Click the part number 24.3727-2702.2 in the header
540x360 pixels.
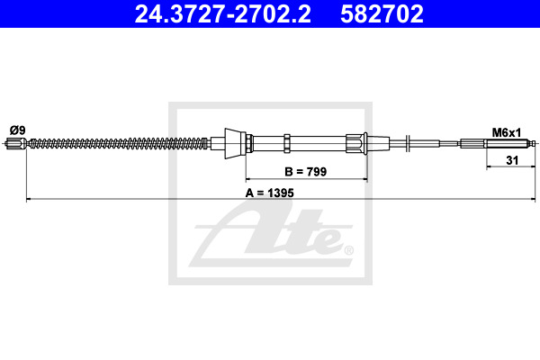coord(222,14)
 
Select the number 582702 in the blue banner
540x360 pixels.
coord(382,14)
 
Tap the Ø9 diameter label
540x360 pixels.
coord(18,130)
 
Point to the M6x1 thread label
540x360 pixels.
coord(506,132)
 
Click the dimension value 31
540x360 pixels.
coord(512,160)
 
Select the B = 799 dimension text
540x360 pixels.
coord(305,172)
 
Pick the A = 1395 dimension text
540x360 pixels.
coord(270,193)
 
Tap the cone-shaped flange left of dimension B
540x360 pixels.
coord(236,144)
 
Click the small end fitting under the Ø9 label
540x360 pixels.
coord(16,143)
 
